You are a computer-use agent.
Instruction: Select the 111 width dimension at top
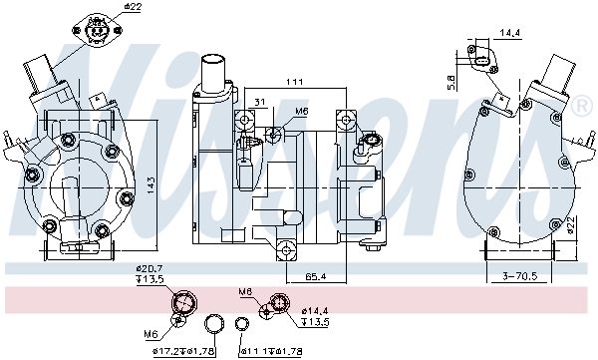(292, 81)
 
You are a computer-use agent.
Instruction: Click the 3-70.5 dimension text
(520, 275)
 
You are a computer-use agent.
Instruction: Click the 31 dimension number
(259, 101)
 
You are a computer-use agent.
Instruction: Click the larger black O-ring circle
(213, 324)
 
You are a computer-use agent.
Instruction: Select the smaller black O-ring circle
(242, 324)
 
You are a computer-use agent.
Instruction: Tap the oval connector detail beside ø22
(97, 31)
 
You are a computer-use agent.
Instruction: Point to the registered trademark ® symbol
(579, 105)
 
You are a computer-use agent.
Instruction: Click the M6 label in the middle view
(302, 112)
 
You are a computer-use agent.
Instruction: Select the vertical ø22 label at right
(574, 225)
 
